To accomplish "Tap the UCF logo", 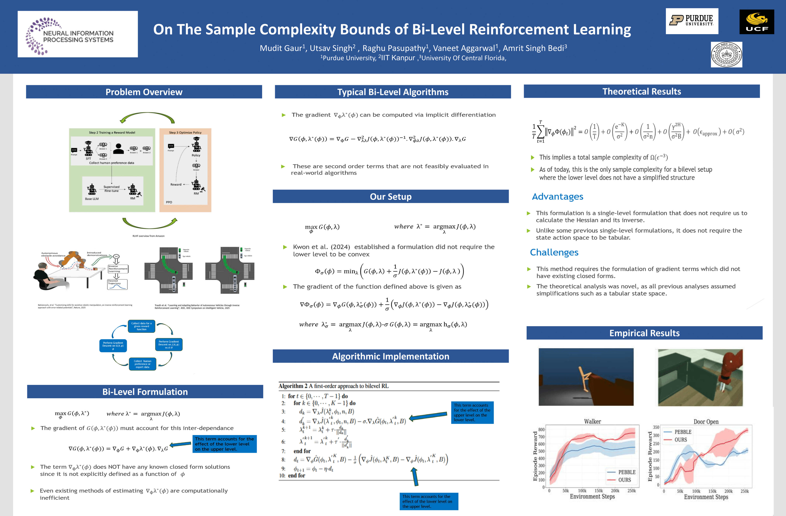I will point(757,22).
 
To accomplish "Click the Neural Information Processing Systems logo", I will point(78,34).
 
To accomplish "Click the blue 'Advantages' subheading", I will point(557,197).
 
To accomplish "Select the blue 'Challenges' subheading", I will point(554,252).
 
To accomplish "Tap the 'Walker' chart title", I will point(592,421).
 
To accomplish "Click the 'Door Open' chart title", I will point(706,422).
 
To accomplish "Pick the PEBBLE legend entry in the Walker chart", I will point(626,472).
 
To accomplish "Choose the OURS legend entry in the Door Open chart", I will point(680,440).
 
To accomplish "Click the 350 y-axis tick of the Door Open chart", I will point(656,427).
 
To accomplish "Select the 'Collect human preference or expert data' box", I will point(142,364).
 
